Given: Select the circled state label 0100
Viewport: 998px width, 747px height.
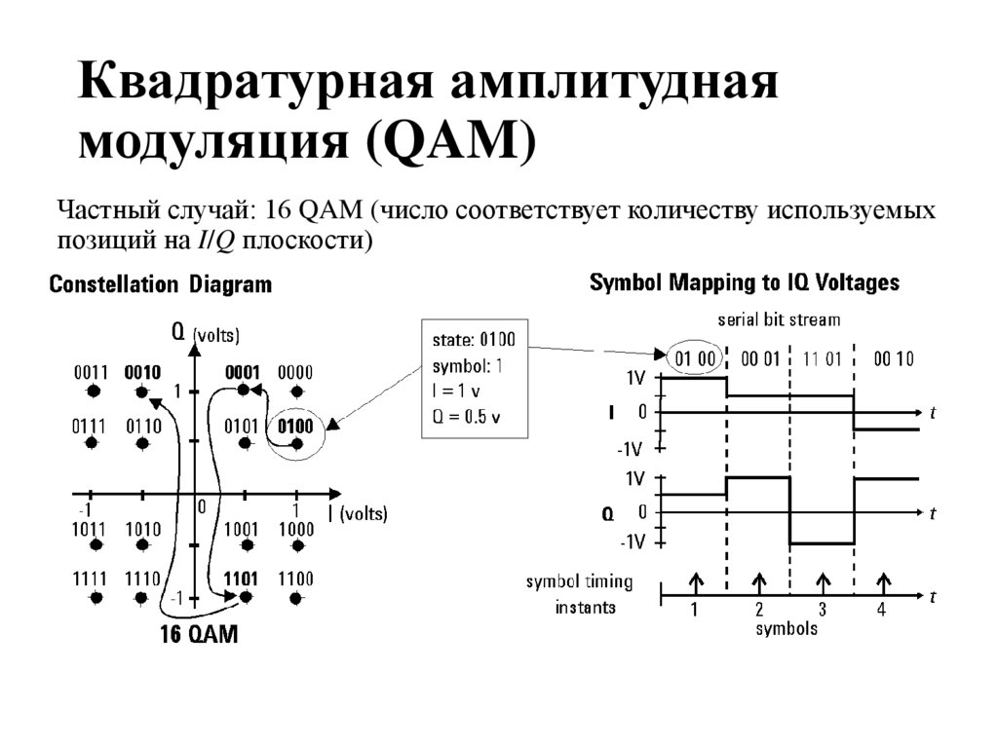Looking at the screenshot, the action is pyautogui.click(x=294, y=426).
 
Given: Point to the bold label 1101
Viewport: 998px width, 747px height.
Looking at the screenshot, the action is pyautogui.click(x=241, y=579).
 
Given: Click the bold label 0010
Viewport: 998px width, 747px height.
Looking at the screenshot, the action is pyautogui.click(x=142, y=372).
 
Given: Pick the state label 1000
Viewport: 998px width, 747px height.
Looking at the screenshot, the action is pyautogui.click(x=295, y=529).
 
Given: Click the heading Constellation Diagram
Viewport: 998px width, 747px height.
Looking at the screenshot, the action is pyautogui.click(x=161, y=285).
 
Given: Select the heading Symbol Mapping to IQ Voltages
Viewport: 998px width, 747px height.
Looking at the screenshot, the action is pyautogui.click(x=745, y=283).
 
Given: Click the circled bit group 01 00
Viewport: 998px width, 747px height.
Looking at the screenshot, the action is pyautogui.click(x=696, y=358).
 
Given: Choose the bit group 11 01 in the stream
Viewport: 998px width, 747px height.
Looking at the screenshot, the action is pyautogui.click(x=822, y=358).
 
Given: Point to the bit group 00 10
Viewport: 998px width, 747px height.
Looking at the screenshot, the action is pyautogui.click(x=893, y=358).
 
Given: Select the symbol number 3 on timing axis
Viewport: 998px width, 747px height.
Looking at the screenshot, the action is pyautogui.click(x=822, y=611).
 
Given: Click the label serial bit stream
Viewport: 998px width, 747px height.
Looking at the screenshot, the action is pyautogui.click(x=779, y=319).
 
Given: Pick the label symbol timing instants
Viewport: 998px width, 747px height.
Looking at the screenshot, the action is pyautogui.click(x=579, y=594).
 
